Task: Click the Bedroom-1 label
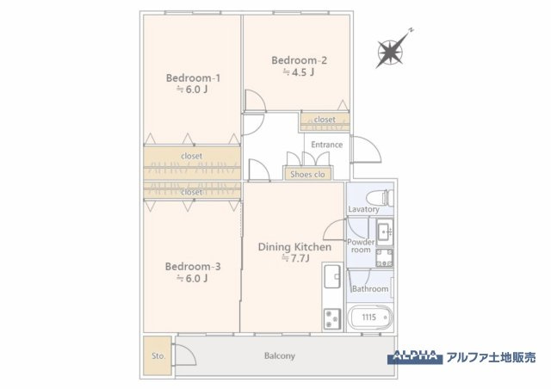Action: (193, 77)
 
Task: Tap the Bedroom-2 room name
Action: (299, 60)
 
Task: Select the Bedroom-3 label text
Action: (193, 267)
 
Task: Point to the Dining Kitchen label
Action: (294, 247)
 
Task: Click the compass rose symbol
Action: (392, 53)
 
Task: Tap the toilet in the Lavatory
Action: (380, 196)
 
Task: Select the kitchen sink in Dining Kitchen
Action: (332, 277)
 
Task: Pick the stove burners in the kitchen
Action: (331, 318)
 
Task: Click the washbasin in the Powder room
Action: (383, 231)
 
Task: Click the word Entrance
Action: (326, 145)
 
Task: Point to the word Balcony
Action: (279, 355)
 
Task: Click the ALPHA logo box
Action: (417, 355)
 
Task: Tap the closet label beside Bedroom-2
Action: (325, 120)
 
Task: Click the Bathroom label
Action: (369, 288)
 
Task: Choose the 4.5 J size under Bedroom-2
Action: (299, 72)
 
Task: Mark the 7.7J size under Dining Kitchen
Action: (294, 258)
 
